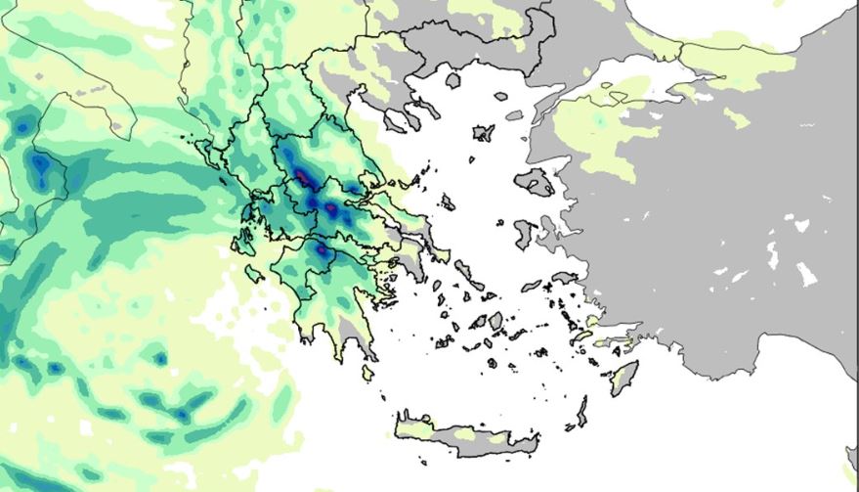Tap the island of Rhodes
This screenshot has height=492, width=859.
pyautogui.click(x=623, y=378)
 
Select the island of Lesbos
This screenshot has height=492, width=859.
pyautogui.click(x=535, y=181)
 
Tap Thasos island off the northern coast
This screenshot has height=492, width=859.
pyautogui.click(x=454, y=82)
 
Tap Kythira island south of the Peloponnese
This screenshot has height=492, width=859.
pyautogui.click(x=368, y=373)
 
